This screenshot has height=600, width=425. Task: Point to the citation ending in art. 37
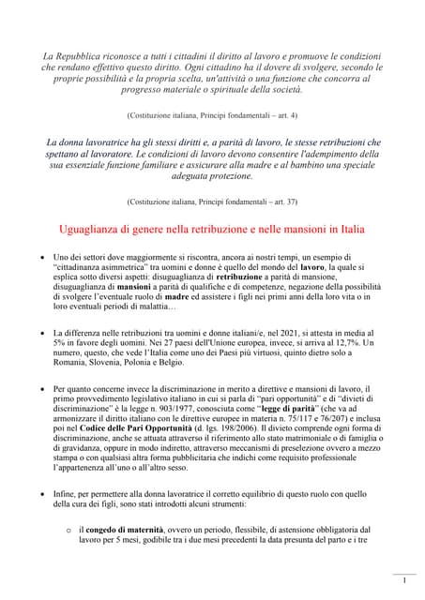pos(213,201)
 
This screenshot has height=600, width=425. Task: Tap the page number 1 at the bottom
pos(404,580)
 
